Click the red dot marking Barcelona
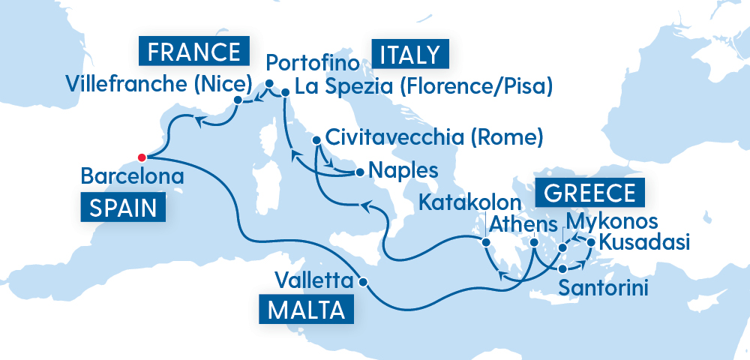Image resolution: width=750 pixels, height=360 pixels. coord(141,157)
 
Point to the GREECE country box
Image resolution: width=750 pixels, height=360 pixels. coord(589,192)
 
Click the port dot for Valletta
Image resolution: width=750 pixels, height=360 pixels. coord(364,283)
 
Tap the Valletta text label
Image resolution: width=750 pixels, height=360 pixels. coord(313,281)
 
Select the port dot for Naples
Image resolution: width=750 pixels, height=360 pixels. coord(360,172)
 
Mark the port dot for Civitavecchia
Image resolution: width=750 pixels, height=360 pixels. coord(316,139)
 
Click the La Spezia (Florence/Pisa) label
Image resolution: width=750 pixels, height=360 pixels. coord(423,88)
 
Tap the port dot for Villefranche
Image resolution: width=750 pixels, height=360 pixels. coord(238,100)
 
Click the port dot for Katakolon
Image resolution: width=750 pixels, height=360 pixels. coord(486,243)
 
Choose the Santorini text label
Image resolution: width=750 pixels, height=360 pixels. coord(604,288)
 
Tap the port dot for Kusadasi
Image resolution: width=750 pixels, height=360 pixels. coord(591,242)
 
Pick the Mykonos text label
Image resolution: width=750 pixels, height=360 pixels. coord(613,221)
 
